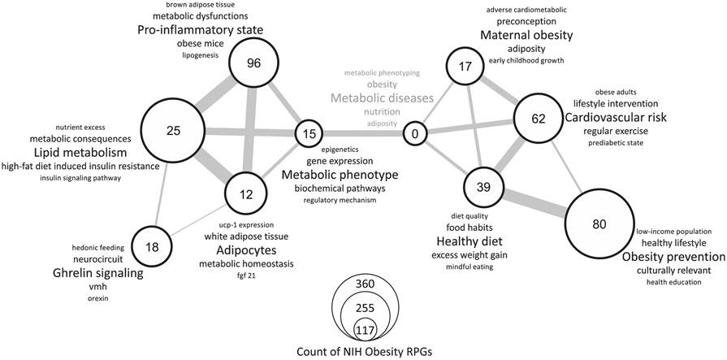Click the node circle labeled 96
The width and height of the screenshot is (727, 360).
tap(253, 63)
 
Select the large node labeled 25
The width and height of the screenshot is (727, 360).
tap(175, 131)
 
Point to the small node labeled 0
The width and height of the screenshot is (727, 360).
tap(416, 133)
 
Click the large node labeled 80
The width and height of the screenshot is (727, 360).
tap(599, 225)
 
